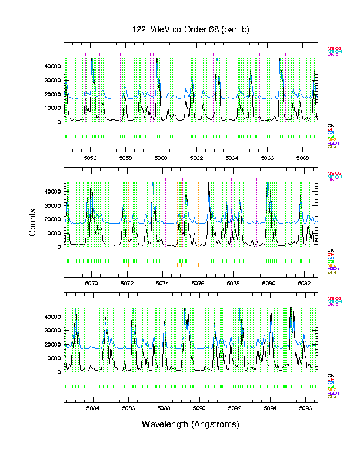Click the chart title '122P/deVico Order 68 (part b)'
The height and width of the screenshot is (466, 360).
tap(191, 30)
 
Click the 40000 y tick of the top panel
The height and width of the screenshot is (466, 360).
tap(52, 66)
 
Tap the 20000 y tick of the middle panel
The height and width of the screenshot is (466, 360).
tap(52, 219)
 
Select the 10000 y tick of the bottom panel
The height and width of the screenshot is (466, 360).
tap(52, 358)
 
